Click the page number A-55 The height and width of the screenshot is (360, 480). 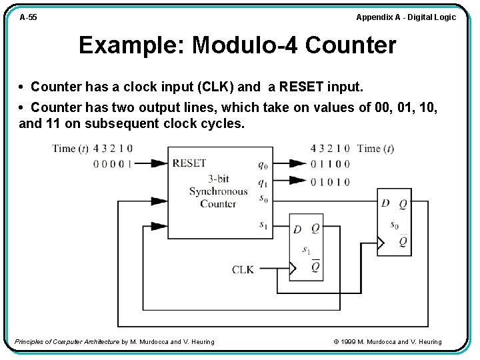point(28,17)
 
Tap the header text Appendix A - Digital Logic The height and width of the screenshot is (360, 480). point(406,17)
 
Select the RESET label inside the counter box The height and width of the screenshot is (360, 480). point(189,163)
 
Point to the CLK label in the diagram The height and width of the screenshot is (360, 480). point(243,269)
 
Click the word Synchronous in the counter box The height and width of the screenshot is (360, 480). point(218,191)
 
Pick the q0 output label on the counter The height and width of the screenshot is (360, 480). point(263,165)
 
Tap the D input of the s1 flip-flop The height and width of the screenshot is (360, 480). point(297,229)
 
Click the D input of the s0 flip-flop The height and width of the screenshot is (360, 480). point(385,203)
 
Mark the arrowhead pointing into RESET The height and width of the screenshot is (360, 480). point(159,163)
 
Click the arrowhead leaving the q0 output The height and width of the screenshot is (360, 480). point(298,163)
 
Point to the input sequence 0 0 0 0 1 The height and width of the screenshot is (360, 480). point(112,163)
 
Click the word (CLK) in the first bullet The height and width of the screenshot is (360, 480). point(215,87)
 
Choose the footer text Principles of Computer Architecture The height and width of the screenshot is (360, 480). point(67,342)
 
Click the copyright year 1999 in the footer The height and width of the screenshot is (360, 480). point(349,342)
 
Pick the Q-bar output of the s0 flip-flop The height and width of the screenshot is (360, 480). point(403,241)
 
